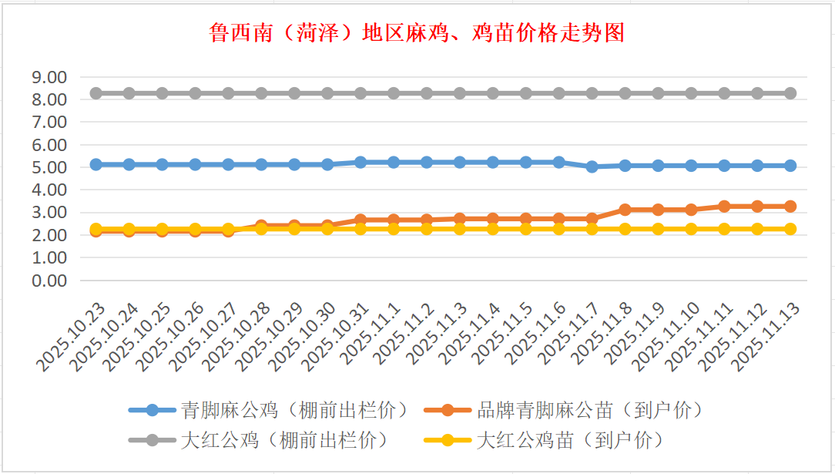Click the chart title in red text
pyautogui.click(x=417, y=33)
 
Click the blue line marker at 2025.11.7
pyautogui.click(x=592, y=166)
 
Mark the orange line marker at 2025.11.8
pyautogui.click(x=625, y=210)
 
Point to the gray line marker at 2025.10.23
pyautogui.click(x=96, y=93)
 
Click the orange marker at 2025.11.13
pyautogui.click(x=790, y=207)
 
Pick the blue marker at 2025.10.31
pyautogui.click(x=360, y=163)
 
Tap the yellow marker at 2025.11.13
pyautogui.click(x=790, y=229)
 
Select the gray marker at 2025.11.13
pyautogui.click(x=790, y=93)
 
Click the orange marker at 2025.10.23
pyautogui.click(x=96, y=230)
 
